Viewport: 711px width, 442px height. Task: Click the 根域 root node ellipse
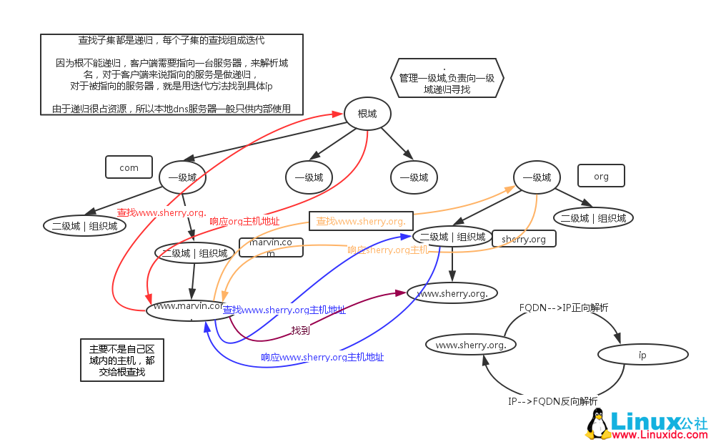pyautogui.click(x=367, y=113)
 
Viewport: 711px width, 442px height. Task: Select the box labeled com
pyautogui.click(x=129, y=167)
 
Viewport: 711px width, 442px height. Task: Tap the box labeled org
pyautogui.click(x=601, y=176)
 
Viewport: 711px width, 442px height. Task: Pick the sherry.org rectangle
pyautogui.click(x=524, y=239)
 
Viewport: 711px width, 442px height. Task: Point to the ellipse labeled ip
pyautogui.click(x=642, y=354)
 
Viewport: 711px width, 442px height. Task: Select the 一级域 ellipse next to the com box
pyautogui.click(x=182, y=177)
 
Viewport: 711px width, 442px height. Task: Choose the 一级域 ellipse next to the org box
pyautogui.click(x=537, y=177)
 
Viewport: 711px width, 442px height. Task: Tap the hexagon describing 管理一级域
pyautogui.click(x=448, y=78)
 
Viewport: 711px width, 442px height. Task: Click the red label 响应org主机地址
pyautogui.click(x=244, y=222)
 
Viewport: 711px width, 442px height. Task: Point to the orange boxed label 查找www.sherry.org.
pyautogui.click(x=361, y=221)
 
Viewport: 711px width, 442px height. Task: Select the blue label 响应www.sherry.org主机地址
pyautogui.click(x=322, y=357)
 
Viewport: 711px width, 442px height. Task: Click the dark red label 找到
pyautogui.click(x=300, y=330)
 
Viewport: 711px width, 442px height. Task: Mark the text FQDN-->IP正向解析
pyautogui.click(x=564, y=308)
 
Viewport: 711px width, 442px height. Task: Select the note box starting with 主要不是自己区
pyautogui.click(x=121, y=360)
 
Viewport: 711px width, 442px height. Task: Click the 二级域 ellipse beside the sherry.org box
pyautogui.click(x=452, y=237)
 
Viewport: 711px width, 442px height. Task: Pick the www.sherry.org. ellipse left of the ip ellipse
pyautogui.click(x=471, y=345)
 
